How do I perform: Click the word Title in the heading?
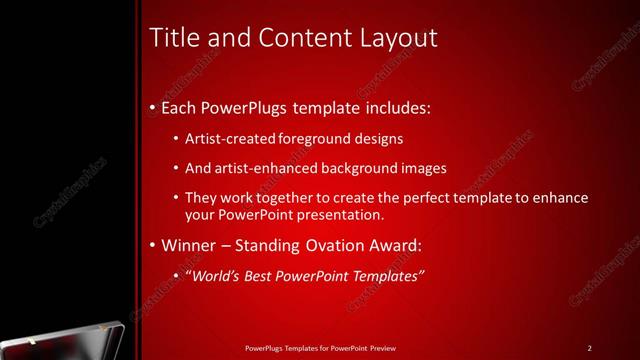[x=171, y=38]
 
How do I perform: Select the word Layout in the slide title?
[x=398, y=38]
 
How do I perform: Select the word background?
[x=347, y=168]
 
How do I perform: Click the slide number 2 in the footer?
[x=590, y=348]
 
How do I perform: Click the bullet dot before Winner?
[x=151, y=245]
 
